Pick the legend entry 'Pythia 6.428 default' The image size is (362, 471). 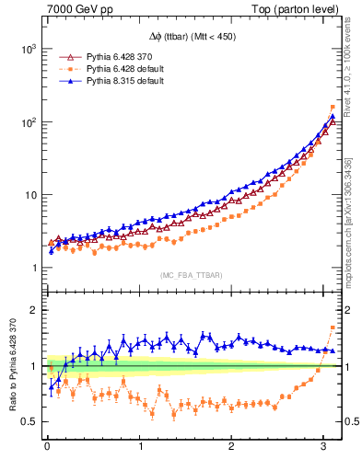point(122,69)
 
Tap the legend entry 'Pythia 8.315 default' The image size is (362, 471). point(122,82)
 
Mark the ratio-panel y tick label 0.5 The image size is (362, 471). point(29,422)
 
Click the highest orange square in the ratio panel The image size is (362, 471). point(333,327)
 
